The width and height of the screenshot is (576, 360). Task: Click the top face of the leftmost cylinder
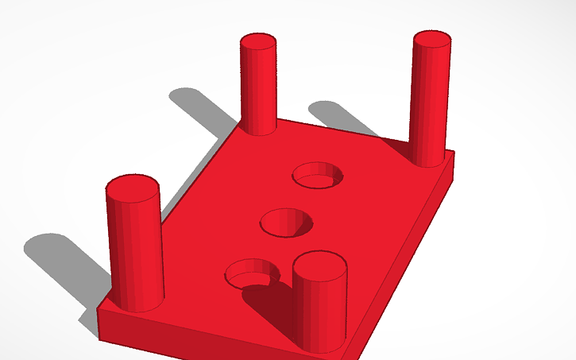coord(133,188)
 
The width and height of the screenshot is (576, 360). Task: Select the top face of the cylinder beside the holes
coord(319,263)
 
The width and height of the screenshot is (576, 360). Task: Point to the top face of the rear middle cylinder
coord(258,42)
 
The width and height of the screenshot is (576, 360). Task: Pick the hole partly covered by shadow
coord(253,273)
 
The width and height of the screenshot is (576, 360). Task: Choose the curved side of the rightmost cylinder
coord(428,103)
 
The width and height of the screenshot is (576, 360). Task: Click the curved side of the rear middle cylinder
coord(258,91)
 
